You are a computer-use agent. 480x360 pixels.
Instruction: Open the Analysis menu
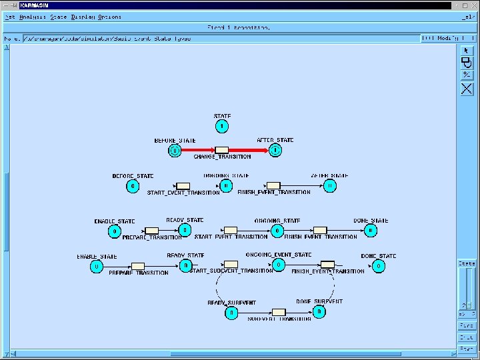tap(33, 17)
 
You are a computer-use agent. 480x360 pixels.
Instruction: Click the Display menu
tap(83, 17)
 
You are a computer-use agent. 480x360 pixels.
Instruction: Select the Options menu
tap(109, 17)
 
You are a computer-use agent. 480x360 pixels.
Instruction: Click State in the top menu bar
tap(59, 17)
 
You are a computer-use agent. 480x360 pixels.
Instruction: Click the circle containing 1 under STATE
tap(222, 126)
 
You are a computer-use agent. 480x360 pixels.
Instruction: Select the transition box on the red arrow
tap(222, 150)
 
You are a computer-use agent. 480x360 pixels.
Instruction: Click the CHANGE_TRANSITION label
tap(222, 157)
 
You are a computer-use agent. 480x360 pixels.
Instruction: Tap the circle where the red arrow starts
tap(175, 151)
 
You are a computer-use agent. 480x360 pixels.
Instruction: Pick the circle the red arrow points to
tap(275, 151)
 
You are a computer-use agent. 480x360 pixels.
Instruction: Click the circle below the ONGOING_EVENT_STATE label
tap(279, 265)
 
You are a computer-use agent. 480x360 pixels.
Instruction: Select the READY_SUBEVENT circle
tap(231, 312)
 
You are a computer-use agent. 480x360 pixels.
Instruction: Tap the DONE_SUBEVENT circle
tap(319, 311)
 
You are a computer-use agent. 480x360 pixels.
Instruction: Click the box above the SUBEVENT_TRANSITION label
tap(279, 312)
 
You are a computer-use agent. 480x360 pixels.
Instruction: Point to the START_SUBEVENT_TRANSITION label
tap(231, 271)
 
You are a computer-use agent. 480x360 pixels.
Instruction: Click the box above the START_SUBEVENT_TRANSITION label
tap(231, 265)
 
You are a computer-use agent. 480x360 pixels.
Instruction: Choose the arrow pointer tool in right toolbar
tap(467, 50)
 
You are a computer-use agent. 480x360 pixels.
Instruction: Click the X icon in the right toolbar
tap(467, 88)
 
